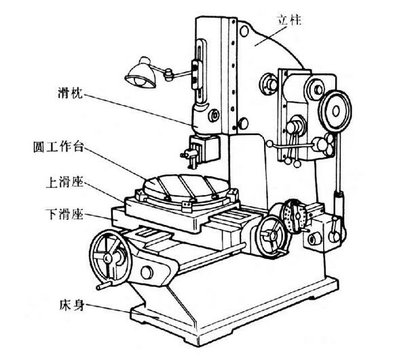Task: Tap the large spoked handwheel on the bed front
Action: [112, 257]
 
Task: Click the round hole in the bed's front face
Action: [147, 273]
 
